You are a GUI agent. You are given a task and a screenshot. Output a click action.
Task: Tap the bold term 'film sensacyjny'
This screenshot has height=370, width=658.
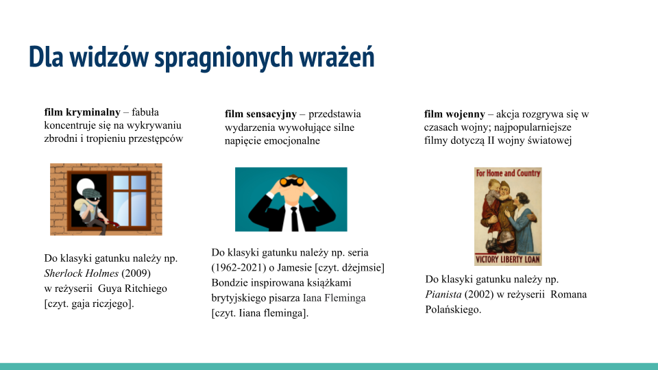260,114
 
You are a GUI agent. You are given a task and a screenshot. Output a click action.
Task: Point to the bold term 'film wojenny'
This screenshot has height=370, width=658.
454,114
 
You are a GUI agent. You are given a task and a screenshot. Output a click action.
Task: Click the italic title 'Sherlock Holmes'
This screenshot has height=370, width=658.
79,273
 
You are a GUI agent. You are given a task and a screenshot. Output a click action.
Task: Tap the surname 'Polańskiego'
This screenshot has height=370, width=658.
453,310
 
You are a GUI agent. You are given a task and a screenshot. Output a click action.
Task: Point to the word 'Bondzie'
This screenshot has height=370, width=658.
231,282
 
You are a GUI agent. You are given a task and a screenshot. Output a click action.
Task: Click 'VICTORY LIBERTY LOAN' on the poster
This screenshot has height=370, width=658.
508,260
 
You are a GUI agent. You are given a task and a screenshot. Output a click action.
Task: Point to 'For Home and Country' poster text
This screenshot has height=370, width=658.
508,173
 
